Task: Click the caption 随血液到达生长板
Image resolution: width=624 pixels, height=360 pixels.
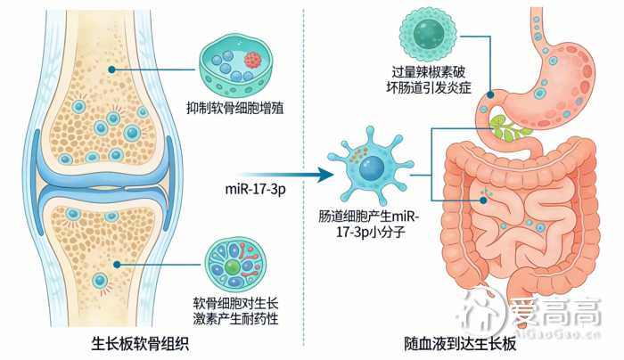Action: (x=458, y=344)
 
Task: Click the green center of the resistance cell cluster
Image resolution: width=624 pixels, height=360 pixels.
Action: (x=232, y=266)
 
